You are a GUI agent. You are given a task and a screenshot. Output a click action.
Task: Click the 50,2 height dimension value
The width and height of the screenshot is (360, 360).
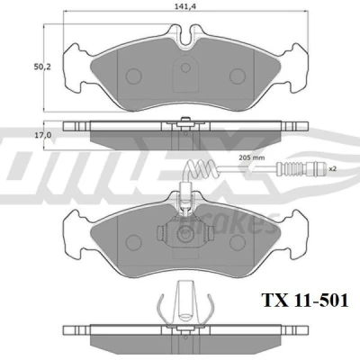42,67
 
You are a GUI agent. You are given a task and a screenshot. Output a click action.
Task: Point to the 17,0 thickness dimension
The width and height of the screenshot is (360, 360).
43,135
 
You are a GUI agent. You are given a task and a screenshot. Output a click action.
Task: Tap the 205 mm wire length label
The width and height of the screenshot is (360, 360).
252,157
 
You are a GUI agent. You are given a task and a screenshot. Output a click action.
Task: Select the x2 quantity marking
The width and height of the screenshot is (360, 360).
333,169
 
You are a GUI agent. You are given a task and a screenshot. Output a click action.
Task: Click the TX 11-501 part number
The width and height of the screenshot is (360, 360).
305,301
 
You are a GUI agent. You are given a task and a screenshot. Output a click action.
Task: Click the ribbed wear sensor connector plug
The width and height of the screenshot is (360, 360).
301,169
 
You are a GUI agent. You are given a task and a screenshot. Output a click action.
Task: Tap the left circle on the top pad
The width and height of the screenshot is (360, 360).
133,76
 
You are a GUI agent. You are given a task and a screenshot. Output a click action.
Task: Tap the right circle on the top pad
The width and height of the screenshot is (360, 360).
238,76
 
